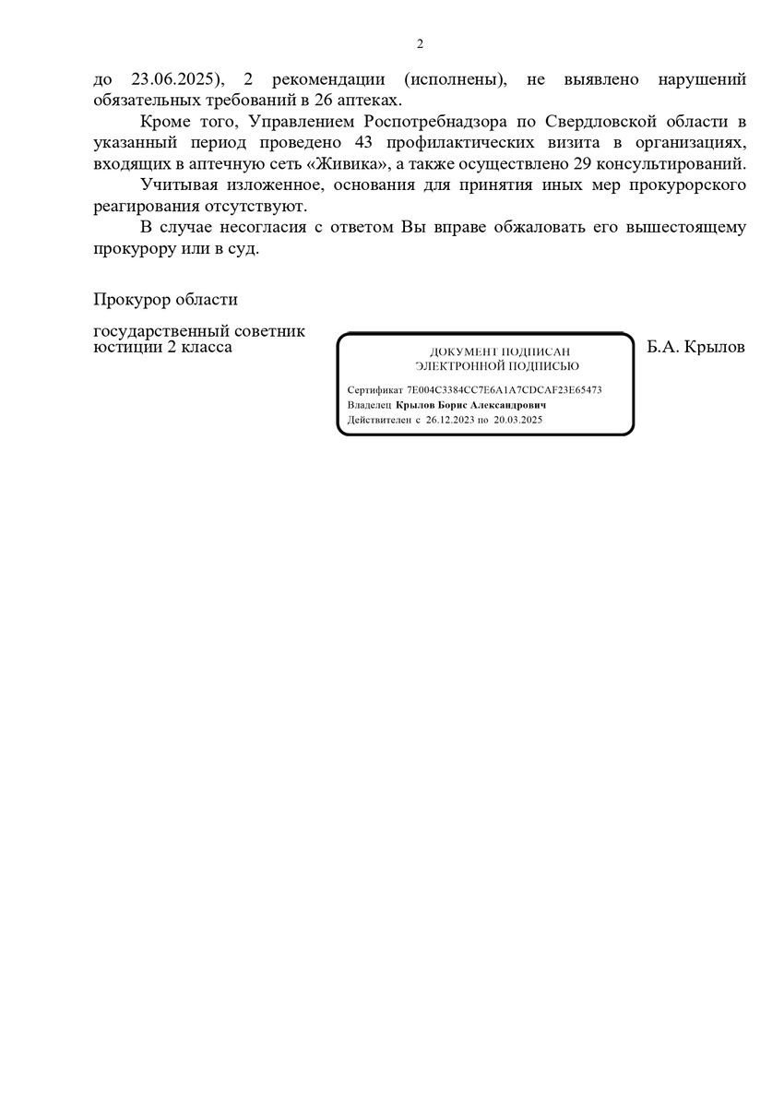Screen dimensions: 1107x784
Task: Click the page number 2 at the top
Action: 420,43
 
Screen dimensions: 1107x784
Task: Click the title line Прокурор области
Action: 165,299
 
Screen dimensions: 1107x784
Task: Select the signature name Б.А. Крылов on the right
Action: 696,348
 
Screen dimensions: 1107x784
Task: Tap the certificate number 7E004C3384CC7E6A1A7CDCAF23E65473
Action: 505,389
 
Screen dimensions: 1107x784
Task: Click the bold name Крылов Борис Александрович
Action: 471,405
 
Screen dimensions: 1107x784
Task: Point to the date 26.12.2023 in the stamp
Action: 448,420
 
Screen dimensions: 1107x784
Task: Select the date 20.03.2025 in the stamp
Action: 517,420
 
